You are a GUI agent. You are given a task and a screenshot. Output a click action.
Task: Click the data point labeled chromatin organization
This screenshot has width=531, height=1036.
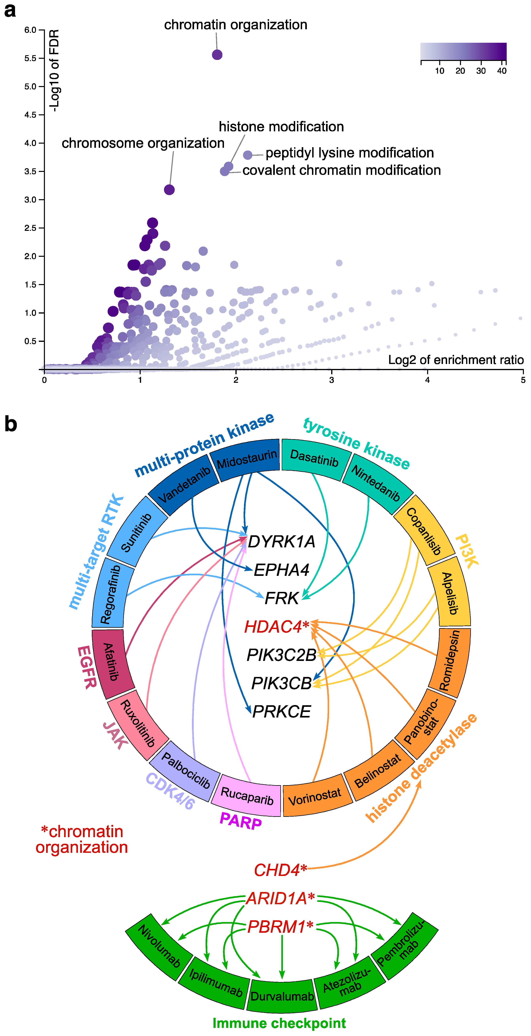217,55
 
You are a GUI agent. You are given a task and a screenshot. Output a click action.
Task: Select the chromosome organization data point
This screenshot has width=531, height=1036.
169,190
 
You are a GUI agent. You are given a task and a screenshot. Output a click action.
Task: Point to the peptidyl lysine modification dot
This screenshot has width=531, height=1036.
248,155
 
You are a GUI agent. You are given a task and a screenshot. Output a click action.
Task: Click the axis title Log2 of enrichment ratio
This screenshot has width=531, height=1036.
456,360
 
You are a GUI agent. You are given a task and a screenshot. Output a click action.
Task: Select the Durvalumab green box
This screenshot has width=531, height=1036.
282,996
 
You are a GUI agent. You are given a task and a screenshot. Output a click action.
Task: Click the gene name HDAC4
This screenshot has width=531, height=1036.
276,627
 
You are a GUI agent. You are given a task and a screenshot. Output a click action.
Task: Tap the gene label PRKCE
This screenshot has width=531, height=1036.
282,711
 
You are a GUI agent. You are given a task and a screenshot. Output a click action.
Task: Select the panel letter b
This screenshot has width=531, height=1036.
11,424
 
